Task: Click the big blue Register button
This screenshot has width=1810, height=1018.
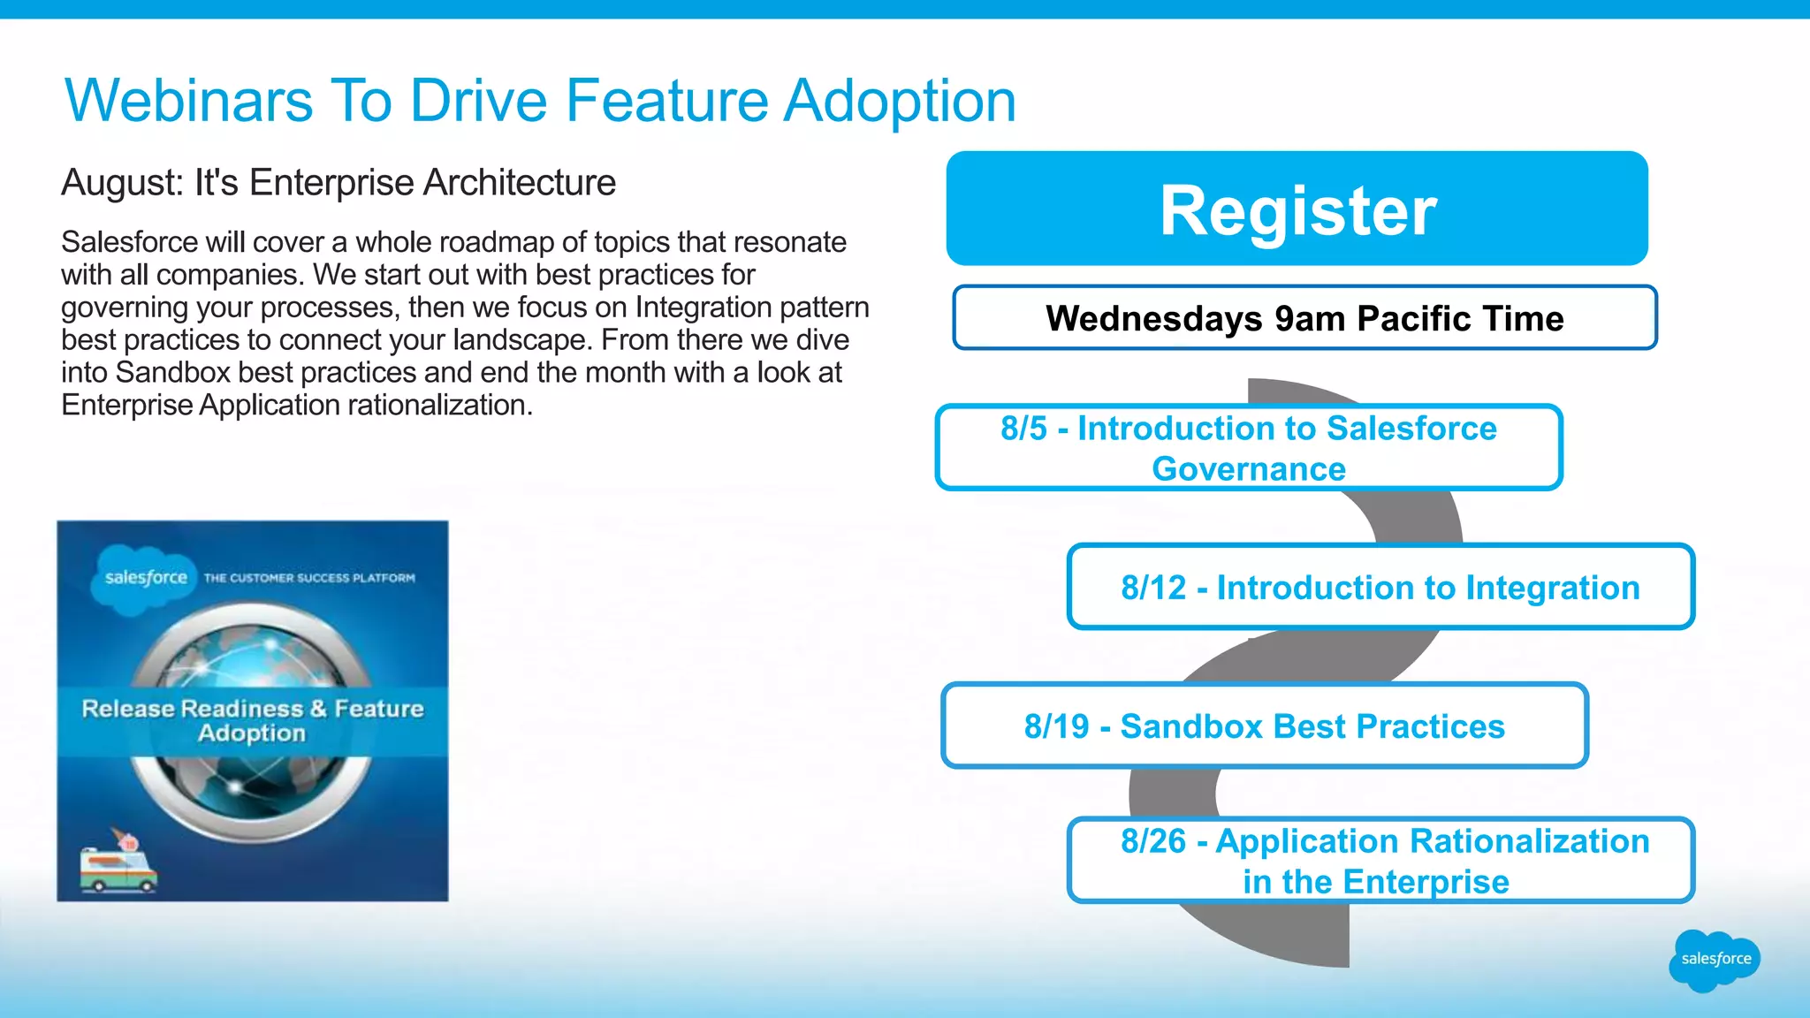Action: coord(1297,209)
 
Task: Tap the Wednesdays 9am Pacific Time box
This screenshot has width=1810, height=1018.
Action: coord(1304,318)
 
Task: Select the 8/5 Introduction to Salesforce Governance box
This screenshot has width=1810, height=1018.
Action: coord(1248,448)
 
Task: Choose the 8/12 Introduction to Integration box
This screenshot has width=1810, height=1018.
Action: coord(1380,588)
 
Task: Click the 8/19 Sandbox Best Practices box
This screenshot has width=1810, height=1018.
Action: coord(1264,726)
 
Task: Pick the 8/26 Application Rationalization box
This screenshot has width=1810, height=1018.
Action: coord(1380,861)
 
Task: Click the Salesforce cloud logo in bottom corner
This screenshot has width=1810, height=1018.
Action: coord(1715,960)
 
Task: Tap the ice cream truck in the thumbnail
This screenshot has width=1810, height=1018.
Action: coord(118,866)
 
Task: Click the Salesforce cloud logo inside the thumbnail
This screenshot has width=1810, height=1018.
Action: coord(145,578)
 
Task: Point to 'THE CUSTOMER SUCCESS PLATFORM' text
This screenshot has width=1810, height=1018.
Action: coord(309,578)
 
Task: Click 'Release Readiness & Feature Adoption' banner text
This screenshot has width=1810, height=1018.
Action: coord(253,720)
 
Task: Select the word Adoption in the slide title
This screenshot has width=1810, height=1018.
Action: coord(900,100)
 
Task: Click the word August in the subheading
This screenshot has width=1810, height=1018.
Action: coord(121,183)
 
